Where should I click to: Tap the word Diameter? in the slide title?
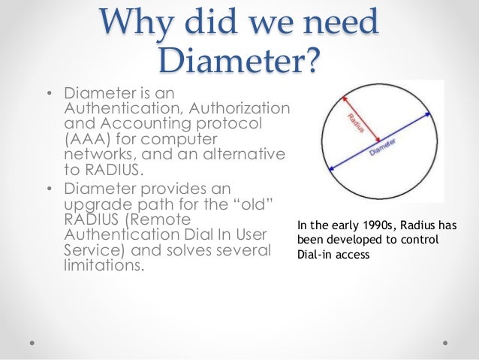[x=239, y=59]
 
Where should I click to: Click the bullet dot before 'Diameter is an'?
[x=50, y=95]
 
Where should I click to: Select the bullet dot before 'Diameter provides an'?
[x=50, y=188]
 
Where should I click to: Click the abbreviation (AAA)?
[x=89, y=140]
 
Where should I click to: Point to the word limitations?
[x=103, y=264]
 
